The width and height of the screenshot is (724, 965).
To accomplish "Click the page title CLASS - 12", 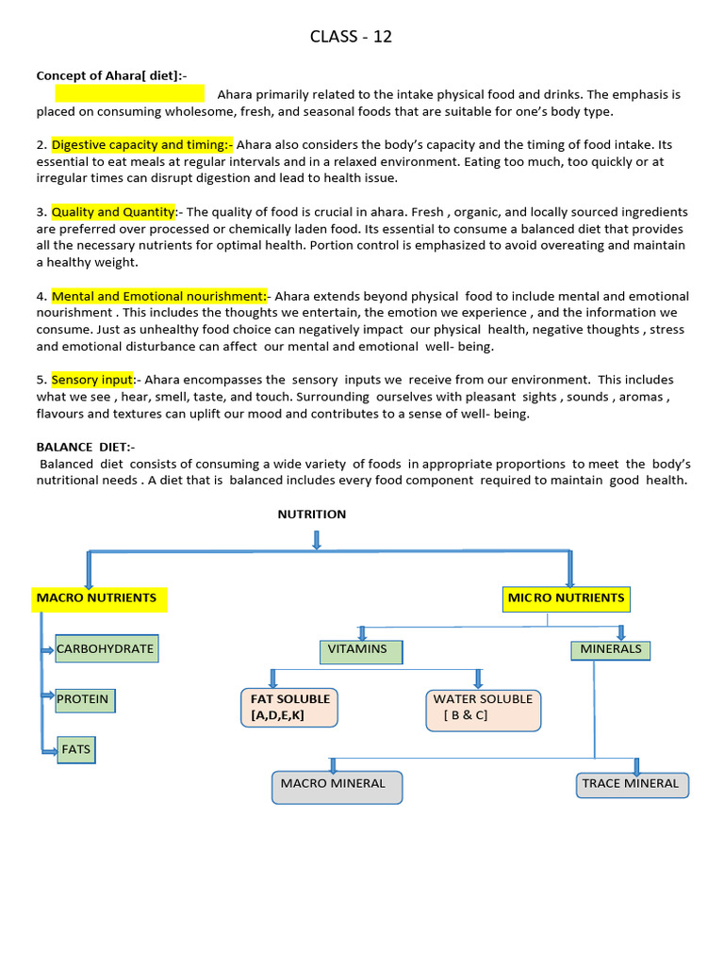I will [x=351, y=37].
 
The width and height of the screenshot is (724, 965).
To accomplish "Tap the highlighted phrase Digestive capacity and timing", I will [x=141, y=145].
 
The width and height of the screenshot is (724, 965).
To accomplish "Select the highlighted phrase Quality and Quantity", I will [x=113, y=212].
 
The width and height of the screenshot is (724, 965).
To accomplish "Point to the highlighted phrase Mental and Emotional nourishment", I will [x=159, y=296].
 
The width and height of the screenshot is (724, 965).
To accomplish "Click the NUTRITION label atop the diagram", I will [x=311, y=515].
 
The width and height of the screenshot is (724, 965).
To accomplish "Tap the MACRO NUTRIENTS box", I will [x=100, y=598].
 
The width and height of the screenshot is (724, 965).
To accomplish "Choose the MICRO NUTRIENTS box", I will [x=566, y=598].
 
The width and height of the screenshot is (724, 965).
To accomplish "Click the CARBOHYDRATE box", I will [x=105, y=649].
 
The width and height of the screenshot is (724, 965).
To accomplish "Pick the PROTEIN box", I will [x=84, y=700].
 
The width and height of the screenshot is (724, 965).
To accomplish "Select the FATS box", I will [x=76, y=750].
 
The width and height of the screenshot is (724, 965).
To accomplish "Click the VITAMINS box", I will [x=360, y=650].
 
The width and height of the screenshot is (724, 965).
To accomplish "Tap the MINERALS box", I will [x=610, y=649].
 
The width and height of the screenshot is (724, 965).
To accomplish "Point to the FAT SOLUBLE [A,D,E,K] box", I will [x=289, y=708].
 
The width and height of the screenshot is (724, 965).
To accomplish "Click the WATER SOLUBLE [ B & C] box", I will [x=483, y=708].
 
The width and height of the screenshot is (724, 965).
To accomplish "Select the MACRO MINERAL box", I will [x=337, y=786].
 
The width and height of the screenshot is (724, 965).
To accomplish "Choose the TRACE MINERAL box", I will [x=632, y=784].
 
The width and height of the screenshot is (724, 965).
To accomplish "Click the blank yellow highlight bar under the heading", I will [x=129, y=93].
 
